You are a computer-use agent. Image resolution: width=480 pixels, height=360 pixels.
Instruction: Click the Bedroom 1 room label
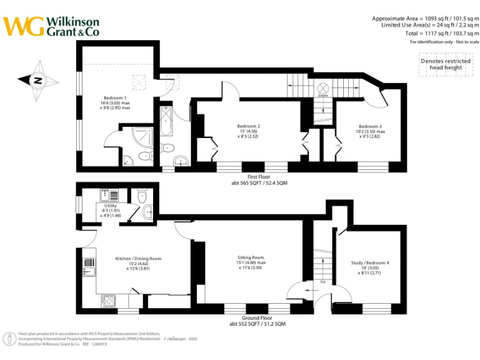click(x=115, y=98)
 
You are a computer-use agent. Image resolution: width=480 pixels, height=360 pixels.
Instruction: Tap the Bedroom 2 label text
click(x=249, y=126)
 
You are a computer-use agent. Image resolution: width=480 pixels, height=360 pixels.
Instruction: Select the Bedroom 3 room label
click(x=370, y=126)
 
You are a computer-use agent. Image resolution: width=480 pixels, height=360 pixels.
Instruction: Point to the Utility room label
click(x=111, y=206)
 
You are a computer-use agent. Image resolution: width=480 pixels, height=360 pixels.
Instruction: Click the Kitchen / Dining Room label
click(x=138, y=258)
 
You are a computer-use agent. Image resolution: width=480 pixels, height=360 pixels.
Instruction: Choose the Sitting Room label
click(x=251, y=257)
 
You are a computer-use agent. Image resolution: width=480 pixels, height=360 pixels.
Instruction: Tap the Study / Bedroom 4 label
click(x=370, y=263)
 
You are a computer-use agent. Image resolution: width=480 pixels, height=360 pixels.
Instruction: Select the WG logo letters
click(x=24, y=26)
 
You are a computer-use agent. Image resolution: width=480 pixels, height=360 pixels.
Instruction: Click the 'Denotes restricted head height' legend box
click(x=445, y=64)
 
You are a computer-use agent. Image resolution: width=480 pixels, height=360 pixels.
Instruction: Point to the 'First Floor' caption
click(x=259, y=177)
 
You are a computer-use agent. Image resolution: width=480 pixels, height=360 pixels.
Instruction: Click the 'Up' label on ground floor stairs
click(x=322, y=282)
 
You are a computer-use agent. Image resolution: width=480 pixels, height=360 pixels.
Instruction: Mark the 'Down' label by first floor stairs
click(x=322, y=96)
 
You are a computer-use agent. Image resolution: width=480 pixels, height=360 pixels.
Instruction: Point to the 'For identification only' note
click(x=444, y=42)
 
